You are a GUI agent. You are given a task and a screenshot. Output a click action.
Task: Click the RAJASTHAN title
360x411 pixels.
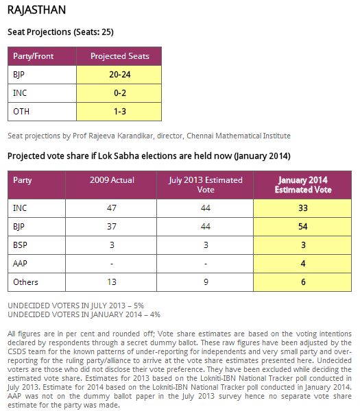tap(36, 10)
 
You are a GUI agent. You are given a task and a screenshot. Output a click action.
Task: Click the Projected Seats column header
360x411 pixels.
tap(120, 56)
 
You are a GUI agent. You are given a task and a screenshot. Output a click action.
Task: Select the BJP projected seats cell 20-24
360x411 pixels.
tap(120, 75)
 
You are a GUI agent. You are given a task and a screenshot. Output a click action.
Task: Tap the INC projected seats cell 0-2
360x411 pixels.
tap(120, 93)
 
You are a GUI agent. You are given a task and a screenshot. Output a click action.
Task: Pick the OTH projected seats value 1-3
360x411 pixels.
tap(120, 112)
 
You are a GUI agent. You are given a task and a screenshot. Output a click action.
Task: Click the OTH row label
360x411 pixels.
tap(21, 112)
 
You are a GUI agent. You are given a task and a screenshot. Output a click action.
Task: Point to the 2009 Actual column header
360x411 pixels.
tap(112, 180)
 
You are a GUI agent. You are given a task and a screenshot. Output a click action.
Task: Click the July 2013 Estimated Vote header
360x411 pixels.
tap(206, 185)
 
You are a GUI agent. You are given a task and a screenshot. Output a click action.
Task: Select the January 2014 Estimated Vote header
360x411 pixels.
tap(303, 185)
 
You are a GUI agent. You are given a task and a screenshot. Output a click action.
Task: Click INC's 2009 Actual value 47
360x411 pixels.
tap(112, 208)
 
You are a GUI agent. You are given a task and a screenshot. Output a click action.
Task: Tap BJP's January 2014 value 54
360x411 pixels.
tap(303, 227)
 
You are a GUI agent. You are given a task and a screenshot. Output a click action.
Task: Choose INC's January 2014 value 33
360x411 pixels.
tap(303, 208)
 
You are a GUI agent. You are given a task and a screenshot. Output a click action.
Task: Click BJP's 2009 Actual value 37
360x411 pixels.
tap(112, 227)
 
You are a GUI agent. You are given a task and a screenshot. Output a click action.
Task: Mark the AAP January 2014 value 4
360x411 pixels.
tap(303, 264)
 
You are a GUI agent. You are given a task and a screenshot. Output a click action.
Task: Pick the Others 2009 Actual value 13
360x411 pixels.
tap(112, 282)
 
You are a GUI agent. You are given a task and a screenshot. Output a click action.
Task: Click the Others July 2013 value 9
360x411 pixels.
tap(206, 282)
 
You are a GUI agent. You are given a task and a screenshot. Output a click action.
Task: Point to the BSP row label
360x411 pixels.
tap(20, 245)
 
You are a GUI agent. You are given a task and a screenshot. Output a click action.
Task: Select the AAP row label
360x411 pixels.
tap(20, 264)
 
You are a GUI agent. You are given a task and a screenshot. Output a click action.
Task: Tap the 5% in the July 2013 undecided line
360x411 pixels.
tap(139, 306)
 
